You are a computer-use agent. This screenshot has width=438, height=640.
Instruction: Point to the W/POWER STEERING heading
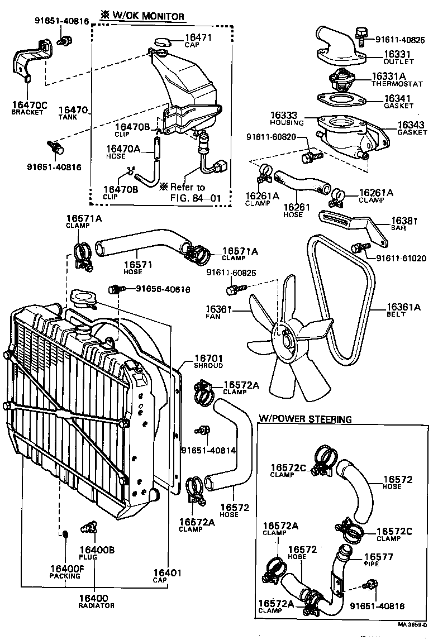305,419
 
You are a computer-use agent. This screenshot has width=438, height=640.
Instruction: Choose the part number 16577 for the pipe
379,557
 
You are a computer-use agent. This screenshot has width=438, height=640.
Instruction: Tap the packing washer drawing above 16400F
64,534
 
